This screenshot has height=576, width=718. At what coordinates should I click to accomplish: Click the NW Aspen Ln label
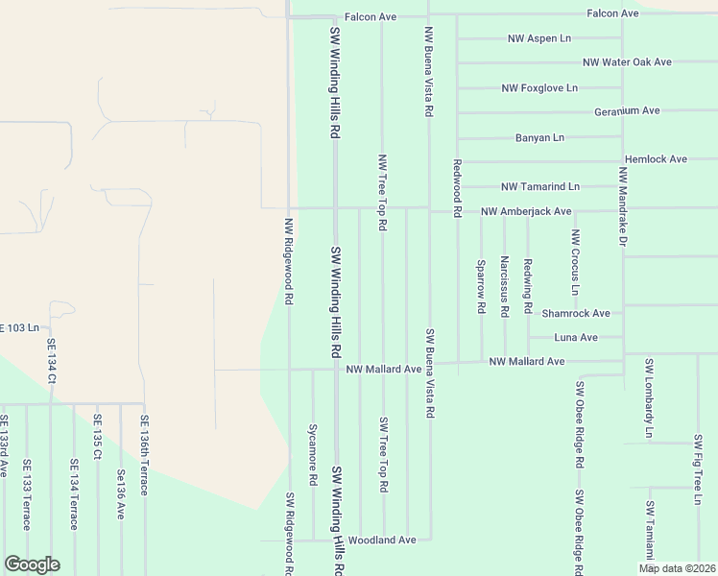point(538,38)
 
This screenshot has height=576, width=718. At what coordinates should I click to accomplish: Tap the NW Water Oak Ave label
point(626,62)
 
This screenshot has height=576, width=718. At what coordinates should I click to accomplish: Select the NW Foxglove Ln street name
point(538,87)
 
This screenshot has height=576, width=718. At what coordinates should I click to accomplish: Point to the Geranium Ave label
point(627,111)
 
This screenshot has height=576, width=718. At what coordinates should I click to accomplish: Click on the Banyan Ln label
point(538,137)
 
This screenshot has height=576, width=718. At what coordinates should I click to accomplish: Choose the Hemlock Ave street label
point(656,159)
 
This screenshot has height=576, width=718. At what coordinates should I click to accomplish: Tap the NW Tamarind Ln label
point(540,186)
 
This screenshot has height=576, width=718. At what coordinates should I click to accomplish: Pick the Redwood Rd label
point(458,187)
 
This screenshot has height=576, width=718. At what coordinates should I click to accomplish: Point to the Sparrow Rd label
point(481,285)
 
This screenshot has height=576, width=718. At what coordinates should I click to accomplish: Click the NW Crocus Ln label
point(575,262)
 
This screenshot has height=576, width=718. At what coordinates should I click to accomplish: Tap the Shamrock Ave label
point(576,313)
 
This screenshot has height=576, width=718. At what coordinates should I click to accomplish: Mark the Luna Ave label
point(576,338)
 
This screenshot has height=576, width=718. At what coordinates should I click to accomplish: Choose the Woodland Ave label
point(381,540)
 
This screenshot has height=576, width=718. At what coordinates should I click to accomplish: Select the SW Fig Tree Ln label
point(698,469)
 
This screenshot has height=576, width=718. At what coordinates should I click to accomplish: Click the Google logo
point(32,564)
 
